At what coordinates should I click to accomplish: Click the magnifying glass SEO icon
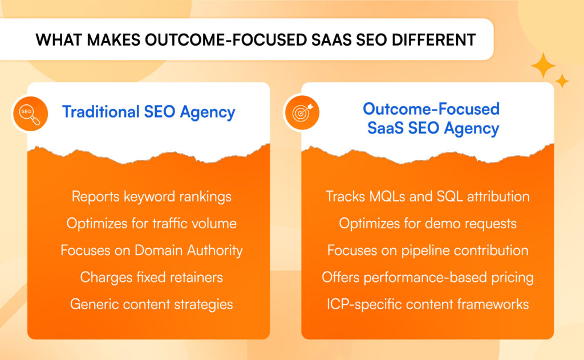pos(30,114)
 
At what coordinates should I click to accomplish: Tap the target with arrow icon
pos(302,112)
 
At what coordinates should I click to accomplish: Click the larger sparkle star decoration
pos(543,65)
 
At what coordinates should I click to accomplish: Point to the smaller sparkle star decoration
pos(562,81)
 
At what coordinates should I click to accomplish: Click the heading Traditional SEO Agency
pos(149,112)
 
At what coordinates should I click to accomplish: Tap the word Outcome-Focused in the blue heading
pos(431,109)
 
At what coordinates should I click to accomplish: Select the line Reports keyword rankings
pos(152,196)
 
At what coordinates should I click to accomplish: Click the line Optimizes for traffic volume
pos(152,223)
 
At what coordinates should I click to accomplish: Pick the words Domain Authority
pos(188,250)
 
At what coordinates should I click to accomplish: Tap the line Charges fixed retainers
pos(152,277)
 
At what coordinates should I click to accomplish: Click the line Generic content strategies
pos(152,305)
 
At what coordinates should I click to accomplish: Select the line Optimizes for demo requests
pos(428,224)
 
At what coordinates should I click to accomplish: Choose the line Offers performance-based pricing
pos(428,277)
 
